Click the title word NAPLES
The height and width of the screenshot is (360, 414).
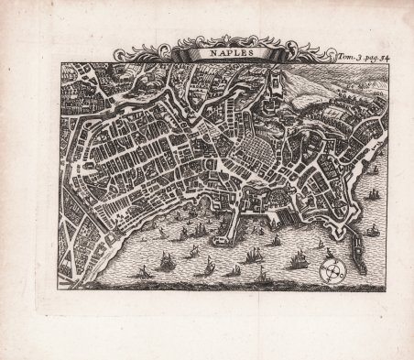click(x=225, y=53)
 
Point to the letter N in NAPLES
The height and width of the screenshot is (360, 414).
click(x=207, y=53)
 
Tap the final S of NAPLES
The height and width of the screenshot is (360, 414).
click(x=245, y=53)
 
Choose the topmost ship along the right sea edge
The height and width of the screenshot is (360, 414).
click(x=373, y=169)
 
